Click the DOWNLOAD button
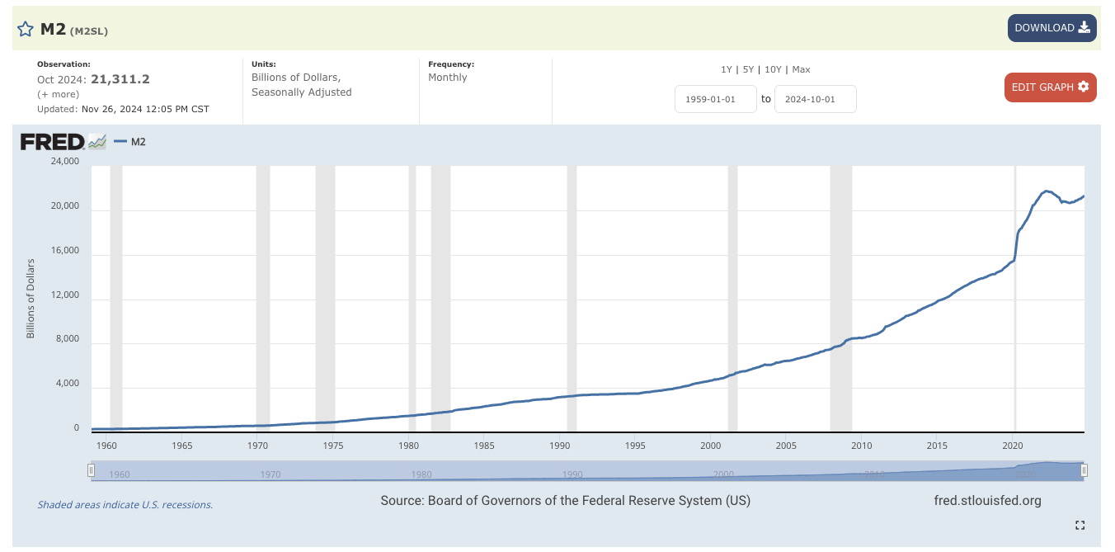click(1051, 28)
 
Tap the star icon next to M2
click(26, 30)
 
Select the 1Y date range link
click(726, 69)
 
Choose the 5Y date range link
click(748, 69)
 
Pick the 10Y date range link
click(773, 69)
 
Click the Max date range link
click(801, 69)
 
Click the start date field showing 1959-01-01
click(715, 99)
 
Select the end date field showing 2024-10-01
click(815, 99)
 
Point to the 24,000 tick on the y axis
click(65, 161)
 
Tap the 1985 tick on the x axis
click(485, 446)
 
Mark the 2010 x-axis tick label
click(862, 446)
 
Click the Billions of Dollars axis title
click(31, 299)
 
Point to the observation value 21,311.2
click(120, 79)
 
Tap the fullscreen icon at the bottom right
click(1080, 525)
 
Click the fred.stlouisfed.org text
click(987, 500)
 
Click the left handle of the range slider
click(92, 470)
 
